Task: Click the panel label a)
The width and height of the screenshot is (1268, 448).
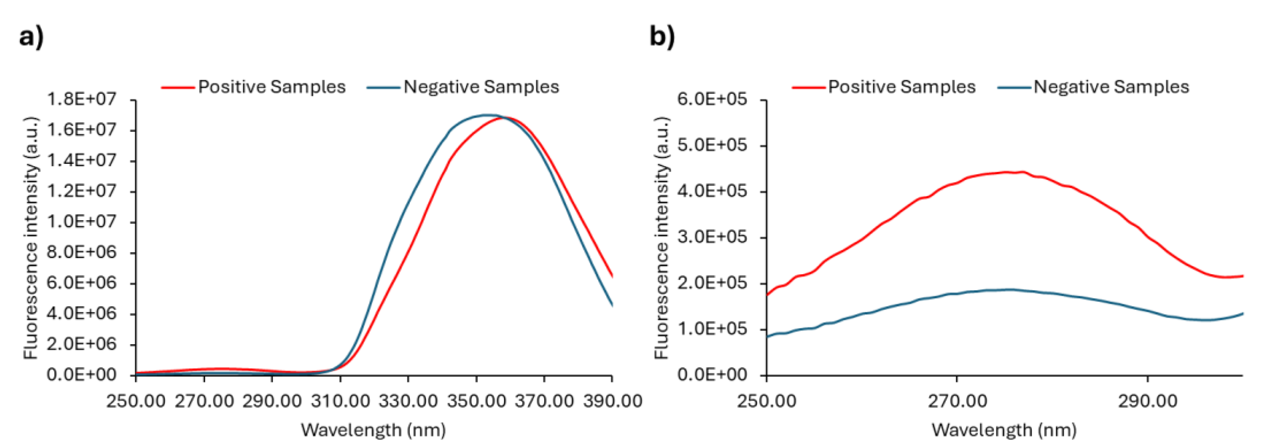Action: click(x=31, y=37)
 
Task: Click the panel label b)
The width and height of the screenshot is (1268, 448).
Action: click(x=662, y=37)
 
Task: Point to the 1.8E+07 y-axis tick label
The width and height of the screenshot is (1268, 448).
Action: click(x=82, y=100)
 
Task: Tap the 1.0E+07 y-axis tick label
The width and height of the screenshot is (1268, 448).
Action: click(x=82, y=222)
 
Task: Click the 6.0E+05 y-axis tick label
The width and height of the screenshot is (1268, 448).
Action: click(x=712, y=100)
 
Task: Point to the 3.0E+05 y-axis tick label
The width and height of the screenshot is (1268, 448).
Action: click(x=712, y=237)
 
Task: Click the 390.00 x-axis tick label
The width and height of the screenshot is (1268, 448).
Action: click(x=612, y=401)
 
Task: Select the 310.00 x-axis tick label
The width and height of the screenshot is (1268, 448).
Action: click(x=340, y=401)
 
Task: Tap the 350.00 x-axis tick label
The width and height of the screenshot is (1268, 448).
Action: click(x=476, y=401)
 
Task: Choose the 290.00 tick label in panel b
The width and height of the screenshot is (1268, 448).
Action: click(x=1147, y=401)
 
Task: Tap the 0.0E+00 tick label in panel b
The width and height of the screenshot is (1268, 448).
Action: click(x=712, y=375)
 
